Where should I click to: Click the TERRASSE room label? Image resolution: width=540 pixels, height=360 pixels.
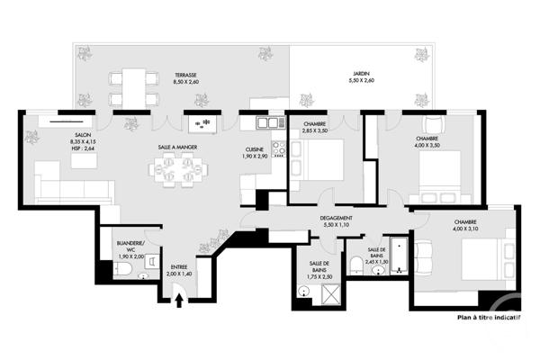[186, 75]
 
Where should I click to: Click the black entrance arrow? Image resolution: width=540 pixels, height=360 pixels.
[179, 299]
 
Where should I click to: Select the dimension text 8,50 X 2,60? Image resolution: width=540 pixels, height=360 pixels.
[186, 83]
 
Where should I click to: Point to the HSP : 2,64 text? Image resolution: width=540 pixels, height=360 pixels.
[82, 148]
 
